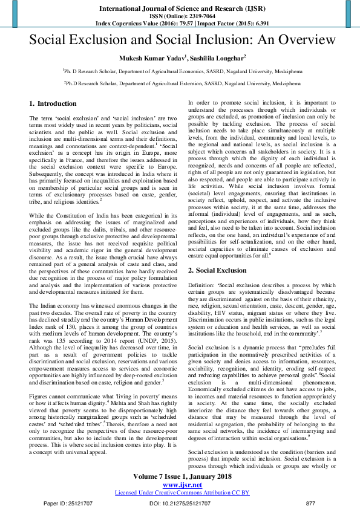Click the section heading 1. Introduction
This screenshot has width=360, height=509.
pyautogui.click(x=53, y=103)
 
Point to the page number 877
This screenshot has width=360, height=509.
pyautogui.click(x=310, y=503)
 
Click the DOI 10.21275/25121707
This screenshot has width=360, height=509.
pyautogui.click(x=180, y=503)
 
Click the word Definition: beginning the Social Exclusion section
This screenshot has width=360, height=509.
pyautogui.click(x=202, y=285)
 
